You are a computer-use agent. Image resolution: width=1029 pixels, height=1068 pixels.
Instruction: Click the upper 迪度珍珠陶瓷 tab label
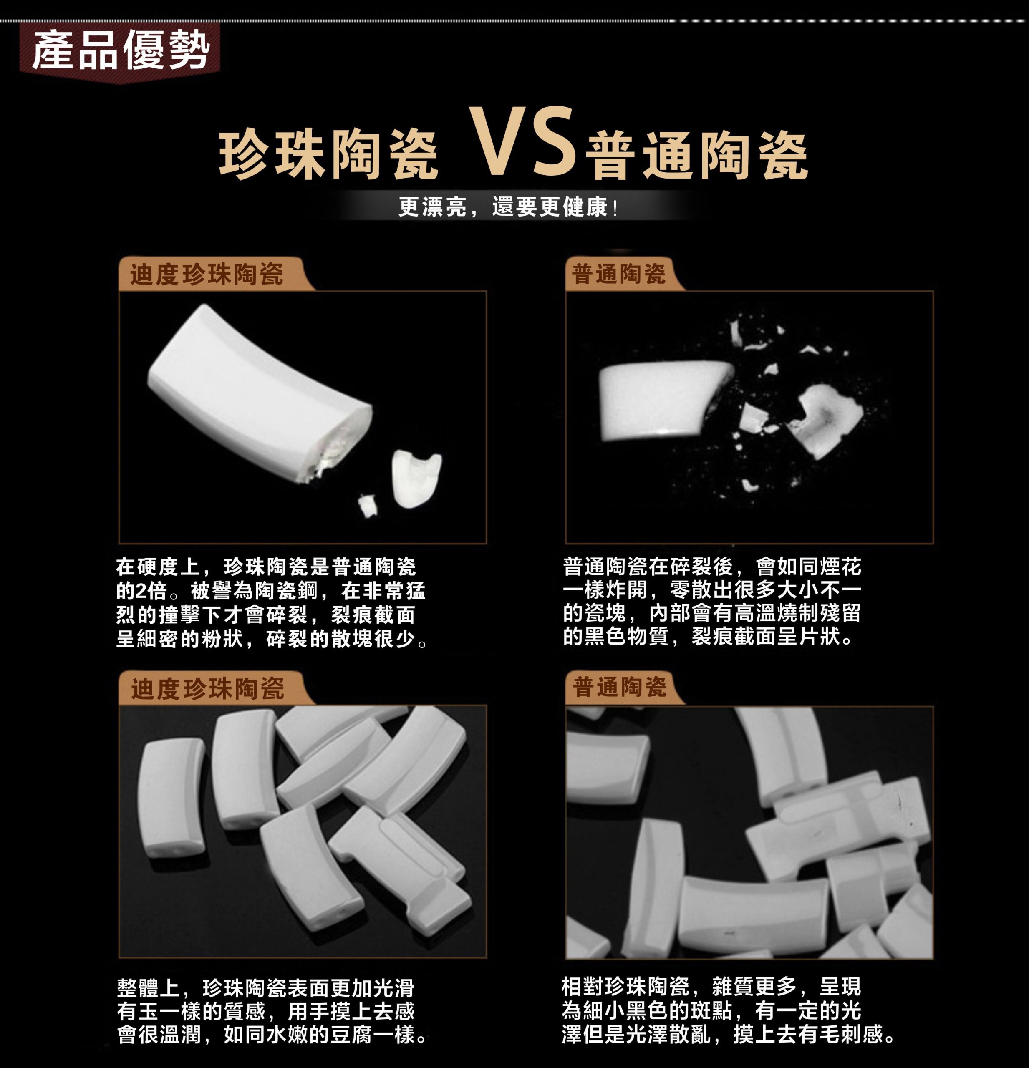click(207, 274)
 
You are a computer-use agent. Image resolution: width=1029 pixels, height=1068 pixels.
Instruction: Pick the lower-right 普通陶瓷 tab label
click(620, 687)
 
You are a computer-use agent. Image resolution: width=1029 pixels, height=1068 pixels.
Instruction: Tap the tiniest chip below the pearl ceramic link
click(368, 505)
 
